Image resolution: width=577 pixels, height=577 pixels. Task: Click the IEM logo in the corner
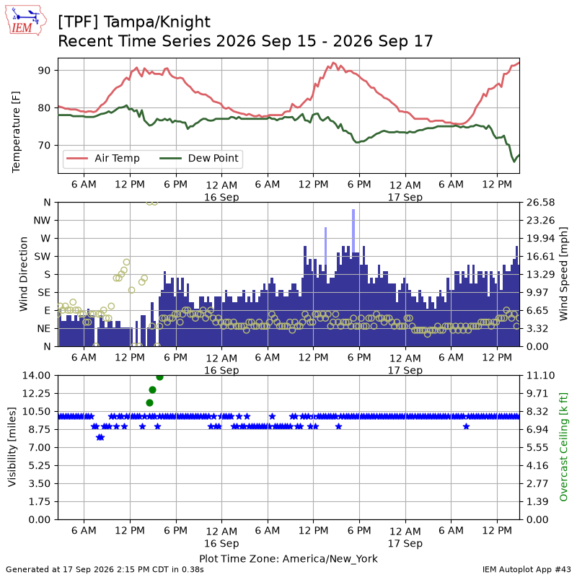[25, 20]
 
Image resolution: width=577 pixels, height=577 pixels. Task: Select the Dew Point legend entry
[199, 158]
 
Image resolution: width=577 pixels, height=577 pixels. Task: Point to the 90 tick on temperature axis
[44, 70]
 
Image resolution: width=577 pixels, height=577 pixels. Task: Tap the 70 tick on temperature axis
[44, 146]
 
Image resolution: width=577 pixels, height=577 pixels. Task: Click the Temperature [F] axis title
[16, 132]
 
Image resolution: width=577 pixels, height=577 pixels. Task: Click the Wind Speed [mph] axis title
[563, 274]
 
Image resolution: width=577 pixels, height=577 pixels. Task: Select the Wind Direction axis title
[24, 274]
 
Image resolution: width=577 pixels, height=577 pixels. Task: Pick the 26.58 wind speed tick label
[540, 203]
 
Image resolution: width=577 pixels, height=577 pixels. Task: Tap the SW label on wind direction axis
[43, 256]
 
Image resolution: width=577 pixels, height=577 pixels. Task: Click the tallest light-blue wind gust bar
[353, 231]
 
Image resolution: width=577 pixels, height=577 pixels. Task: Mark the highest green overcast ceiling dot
[159, 377]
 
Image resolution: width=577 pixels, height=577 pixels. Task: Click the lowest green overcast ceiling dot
[149, 403]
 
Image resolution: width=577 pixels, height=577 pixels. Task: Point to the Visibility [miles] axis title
[12, 447]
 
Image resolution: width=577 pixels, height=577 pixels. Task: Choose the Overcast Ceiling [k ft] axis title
[563, 447]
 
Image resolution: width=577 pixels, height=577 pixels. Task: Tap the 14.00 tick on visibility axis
[36, 375]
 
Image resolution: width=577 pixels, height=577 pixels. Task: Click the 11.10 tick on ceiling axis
[540, 375]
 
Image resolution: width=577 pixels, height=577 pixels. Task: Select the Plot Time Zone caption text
[288, 558]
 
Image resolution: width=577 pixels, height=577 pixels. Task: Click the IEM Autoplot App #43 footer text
[527, 569]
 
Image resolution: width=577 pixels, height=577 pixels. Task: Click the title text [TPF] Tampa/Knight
[134, 22]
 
